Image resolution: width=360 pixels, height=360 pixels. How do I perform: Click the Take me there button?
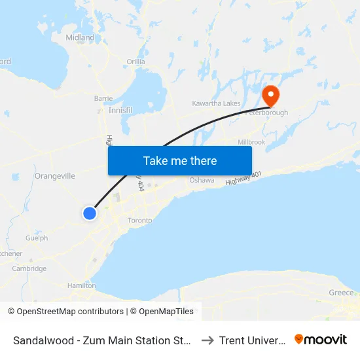180,160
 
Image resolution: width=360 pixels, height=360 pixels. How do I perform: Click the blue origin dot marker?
90,213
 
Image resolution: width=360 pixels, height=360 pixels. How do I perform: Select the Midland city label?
80,38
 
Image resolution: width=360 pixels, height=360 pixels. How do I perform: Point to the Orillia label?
135,62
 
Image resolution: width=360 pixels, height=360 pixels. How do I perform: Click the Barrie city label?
103,98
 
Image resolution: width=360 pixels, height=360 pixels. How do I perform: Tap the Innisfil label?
120,111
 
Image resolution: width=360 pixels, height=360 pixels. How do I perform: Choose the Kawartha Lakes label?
215,103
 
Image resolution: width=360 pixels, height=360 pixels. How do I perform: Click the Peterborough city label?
266,113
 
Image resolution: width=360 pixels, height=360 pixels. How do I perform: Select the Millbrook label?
251,142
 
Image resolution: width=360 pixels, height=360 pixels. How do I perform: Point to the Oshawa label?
202,180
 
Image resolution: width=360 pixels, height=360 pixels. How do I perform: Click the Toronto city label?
139,221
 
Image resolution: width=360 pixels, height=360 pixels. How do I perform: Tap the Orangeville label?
55,176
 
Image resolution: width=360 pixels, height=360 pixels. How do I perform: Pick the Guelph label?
37,238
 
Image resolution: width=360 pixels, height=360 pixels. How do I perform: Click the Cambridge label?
29,268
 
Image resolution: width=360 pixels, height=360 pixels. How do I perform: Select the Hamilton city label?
81,286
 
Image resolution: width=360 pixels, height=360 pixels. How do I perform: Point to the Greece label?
341,293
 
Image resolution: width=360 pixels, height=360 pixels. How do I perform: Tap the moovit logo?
321,339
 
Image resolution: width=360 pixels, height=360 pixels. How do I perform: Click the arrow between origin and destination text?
207,340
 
